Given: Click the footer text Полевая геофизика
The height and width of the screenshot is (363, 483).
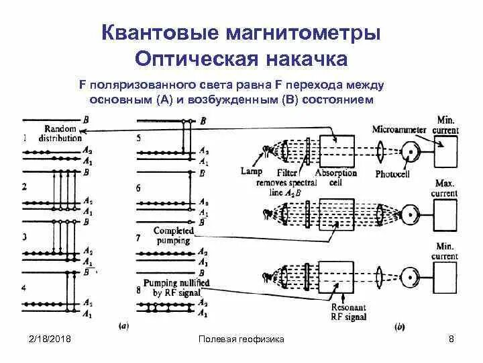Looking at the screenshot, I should [241, 339].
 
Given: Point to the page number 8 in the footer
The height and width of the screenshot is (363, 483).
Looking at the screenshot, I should [451, 339].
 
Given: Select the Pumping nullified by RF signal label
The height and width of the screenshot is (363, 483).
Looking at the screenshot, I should [173, 288].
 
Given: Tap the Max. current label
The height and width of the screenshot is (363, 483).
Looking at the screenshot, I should [445, 188].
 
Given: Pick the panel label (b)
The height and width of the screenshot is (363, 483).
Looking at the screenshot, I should [400, 327].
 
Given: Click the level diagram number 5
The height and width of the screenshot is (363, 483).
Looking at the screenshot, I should [139, 138].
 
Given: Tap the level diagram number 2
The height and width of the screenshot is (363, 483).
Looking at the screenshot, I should [25, 186].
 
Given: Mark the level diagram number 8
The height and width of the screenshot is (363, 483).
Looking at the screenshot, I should [139, 290].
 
